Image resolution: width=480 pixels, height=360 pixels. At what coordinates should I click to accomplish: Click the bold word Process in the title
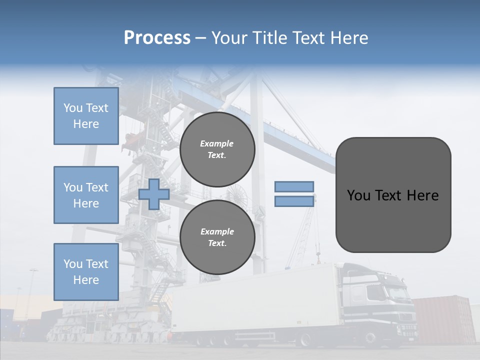(x=157, y=38)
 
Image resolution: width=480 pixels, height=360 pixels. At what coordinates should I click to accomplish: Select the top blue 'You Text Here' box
(x=86, y=116)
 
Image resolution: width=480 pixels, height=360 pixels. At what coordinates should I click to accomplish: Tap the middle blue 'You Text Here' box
(x=86, y=195)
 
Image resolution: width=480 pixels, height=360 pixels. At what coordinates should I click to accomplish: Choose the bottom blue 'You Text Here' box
(x=86, y=271)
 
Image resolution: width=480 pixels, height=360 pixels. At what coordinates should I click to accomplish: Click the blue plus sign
(x=153, y=194)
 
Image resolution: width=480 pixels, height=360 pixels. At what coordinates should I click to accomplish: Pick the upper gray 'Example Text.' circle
(x=217, y=149)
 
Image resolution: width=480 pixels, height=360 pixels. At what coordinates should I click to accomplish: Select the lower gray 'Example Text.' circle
(x=217, y=237)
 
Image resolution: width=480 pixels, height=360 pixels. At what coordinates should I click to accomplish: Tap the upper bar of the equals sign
(x=294, y=186)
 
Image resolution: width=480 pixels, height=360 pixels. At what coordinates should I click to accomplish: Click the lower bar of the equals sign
(x=294, y=201)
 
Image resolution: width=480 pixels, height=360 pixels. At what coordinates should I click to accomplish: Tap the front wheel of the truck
(x=370, y=340)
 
